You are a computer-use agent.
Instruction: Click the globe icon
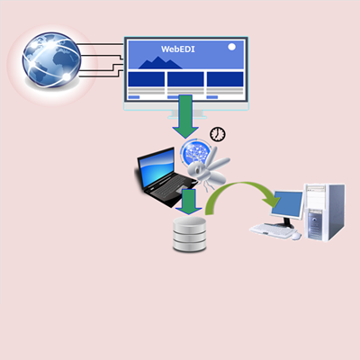(51, 59)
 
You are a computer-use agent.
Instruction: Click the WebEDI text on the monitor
(178, 49)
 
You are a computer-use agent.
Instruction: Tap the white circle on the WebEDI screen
(231, 47)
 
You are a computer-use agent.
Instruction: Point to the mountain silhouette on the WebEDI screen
(160, 63)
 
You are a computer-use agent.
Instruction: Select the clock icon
(218, 134)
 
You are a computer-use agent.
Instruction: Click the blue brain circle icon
(195, 153)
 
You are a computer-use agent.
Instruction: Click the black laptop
(165, 177)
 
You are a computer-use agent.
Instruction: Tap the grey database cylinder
(190, 234)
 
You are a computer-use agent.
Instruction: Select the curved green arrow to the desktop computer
(237, 185)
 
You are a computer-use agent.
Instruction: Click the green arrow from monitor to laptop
(185, 116)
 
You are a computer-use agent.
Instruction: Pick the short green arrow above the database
(189, 202)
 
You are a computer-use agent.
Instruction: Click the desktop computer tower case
(325, 212)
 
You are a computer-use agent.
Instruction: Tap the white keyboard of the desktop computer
(272, 230)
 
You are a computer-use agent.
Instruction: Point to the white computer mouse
(296, 236)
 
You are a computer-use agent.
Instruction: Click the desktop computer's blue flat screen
(287, 204)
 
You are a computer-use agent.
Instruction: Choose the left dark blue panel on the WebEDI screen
(146, 79)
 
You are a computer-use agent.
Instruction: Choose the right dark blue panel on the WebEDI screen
(225, 79)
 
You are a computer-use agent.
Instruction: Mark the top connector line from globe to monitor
(101, 44)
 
